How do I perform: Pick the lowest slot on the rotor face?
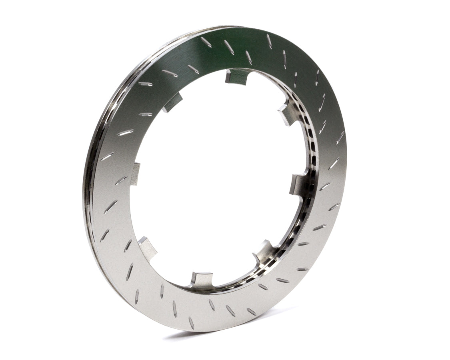[192, 322]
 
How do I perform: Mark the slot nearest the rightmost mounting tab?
[324, 186]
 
